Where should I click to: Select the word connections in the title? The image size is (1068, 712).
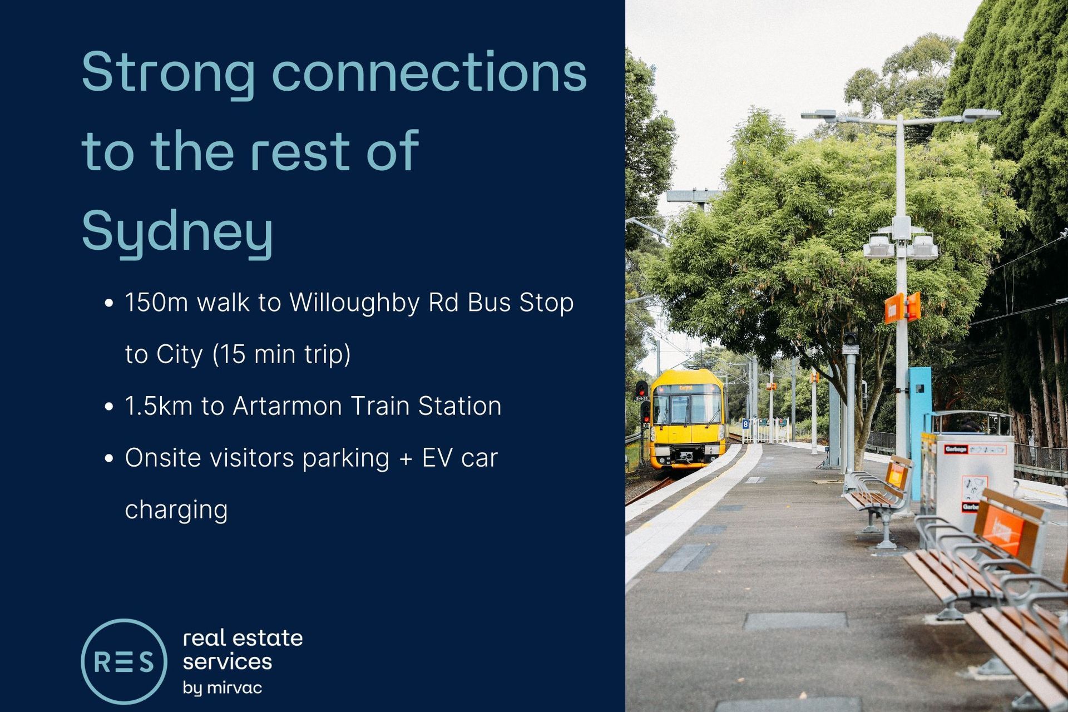[x=429, y=72]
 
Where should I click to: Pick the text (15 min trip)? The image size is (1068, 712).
[x=281, y=355]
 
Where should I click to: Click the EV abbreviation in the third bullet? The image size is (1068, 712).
[x=436, y=458]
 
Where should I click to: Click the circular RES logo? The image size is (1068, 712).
[x=124, y=661]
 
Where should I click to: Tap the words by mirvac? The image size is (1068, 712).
[x=222, y=688]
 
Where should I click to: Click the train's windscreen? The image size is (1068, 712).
[x=688, y=408]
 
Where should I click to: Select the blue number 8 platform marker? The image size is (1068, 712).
[x=745, y=424]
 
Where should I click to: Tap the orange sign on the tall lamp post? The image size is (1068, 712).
[x=902, y=308]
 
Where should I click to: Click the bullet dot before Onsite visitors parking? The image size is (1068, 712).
[x=109, y=458]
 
